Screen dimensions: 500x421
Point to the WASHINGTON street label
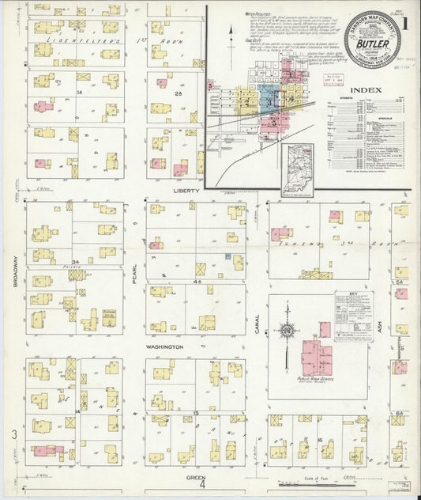point(164,347)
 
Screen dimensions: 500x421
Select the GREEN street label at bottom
point(196,478)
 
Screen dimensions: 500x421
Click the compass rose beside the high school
point(288,330)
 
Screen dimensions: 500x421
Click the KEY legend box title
point(354,295)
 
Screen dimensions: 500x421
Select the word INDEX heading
point(367,90)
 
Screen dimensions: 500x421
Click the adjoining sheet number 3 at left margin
point(13,434)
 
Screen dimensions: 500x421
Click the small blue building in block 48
point(227,256)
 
